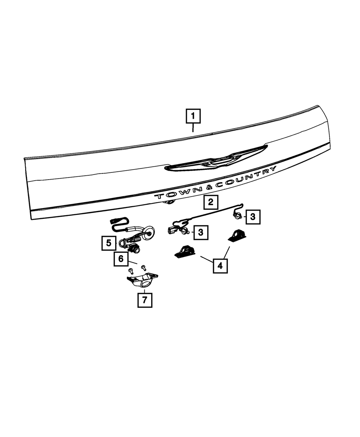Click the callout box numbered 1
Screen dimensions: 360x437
pos(193,116)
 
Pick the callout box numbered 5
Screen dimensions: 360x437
pos(108,243)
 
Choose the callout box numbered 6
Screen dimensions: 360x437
pos(121,258)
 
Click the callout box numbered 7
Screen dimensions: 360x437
pos(145,300)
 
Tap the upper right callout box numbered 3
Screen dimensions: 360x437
pos(253,217)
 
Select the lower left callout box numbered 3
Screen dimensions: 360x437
pos(201,232)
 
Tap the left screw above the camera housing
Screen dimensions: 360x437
pos(131,270)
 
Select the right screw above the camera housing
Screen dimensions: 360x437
pos(144,267)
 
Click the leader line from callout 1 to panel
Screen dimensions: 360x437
pos(193,128)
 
